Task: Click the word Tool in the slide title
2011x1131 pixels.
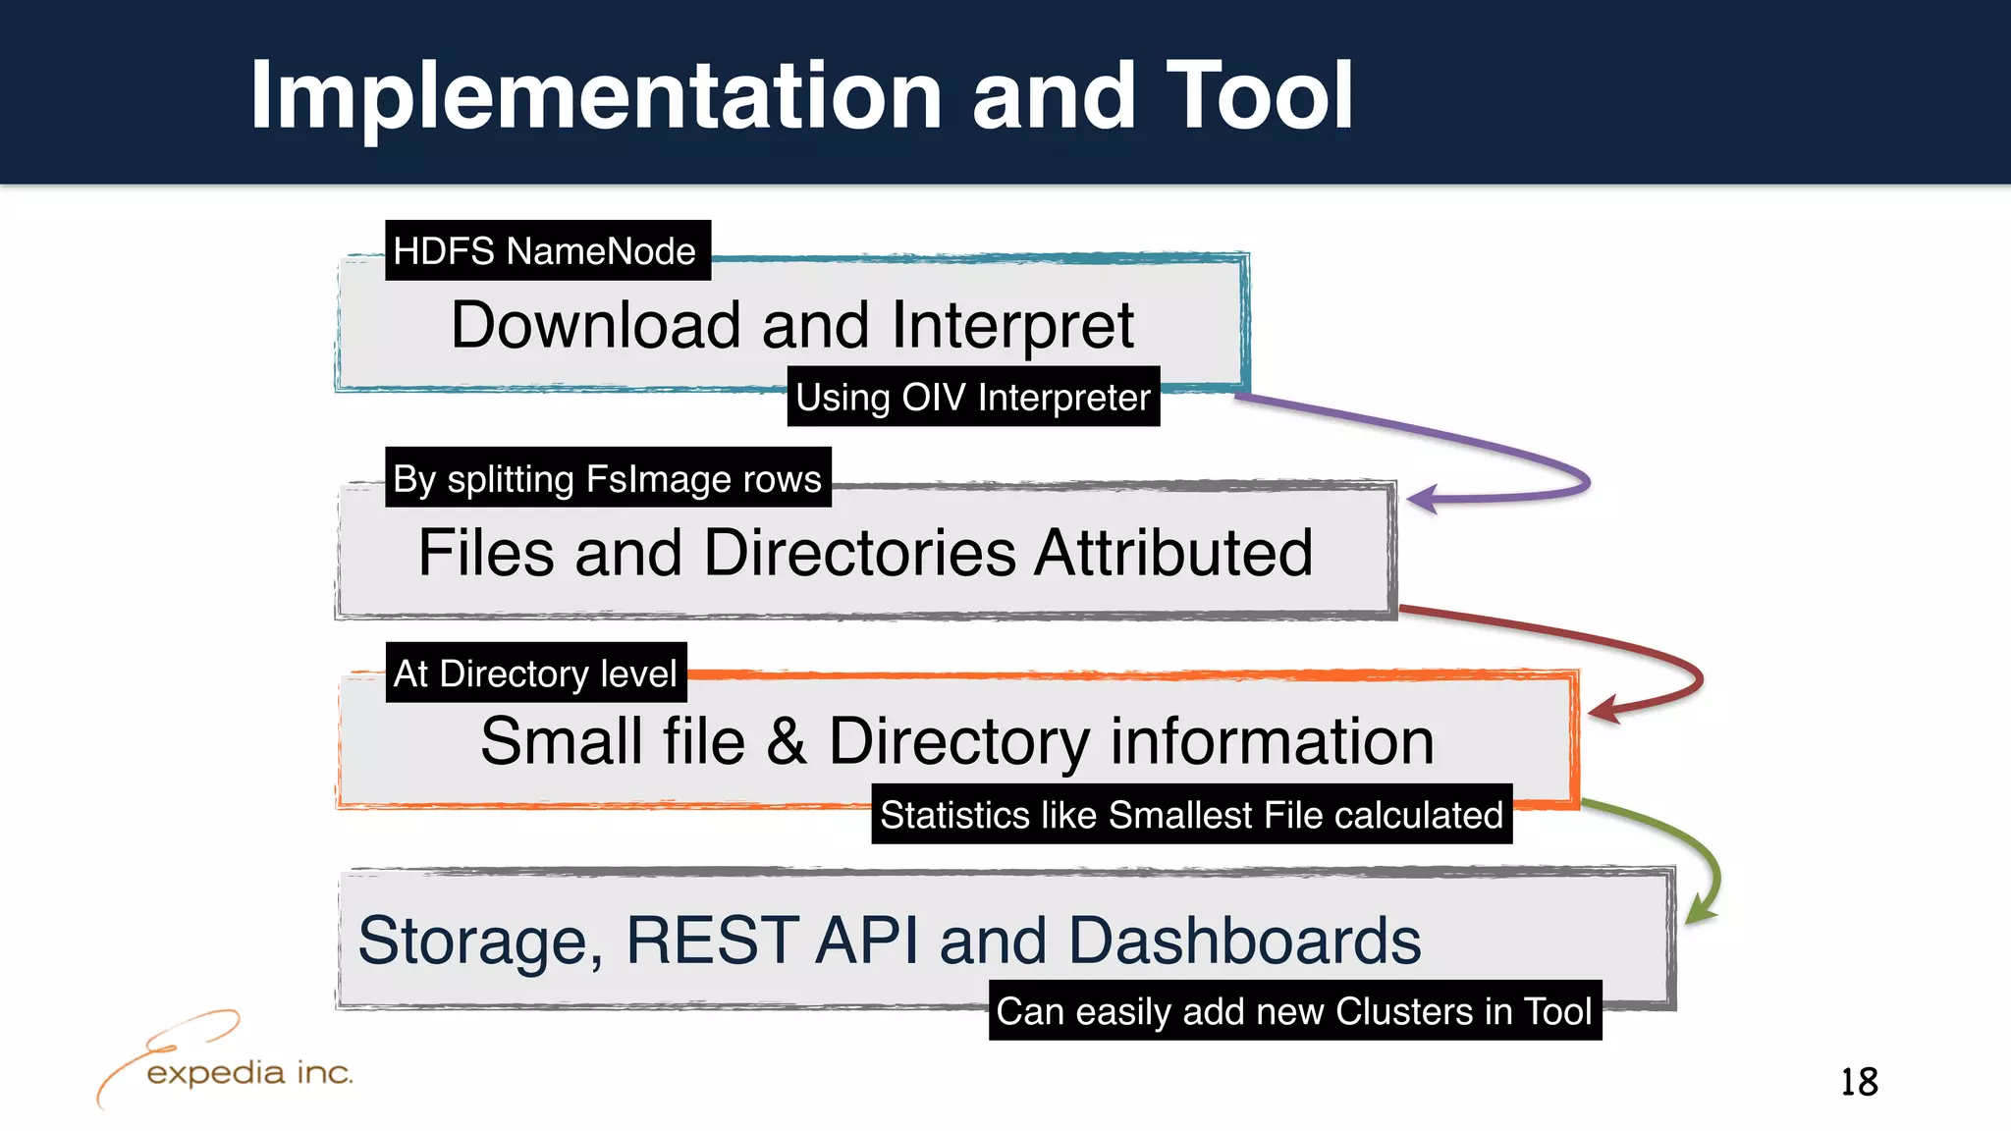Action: tap(1259, 95)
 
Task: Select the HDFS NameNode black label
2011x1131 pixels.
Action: tap(547, 251)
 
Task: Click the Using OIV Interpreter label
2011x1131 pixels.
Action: tap(972, 398)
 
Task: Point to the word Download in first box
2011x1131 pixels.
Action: tap(595, 325)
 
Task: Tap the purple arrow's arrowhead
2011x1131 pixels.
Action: tap(1422, 499)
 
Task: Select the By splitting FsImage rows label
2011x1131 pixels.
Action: tap(607, 478)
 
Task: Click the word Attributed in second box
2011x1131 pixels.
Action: tap(1173, 553)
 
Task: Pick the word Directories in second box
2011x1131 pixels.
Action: tap(860, 553)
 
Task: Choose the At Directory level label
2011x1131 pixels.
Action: tap(535, 673)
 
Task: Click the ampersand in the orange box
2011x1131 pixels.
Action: tap(787, 741)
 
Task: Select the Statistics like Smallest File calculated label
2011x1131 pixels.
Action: tap(1191, 815)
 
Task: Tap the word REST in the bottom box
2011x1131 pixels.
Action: tap(712, 941)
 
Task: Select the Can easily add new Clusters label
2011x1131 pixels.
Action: tap(1294, 1011)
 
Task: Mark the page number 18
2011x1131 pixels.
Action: tap(1858, 1082)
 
